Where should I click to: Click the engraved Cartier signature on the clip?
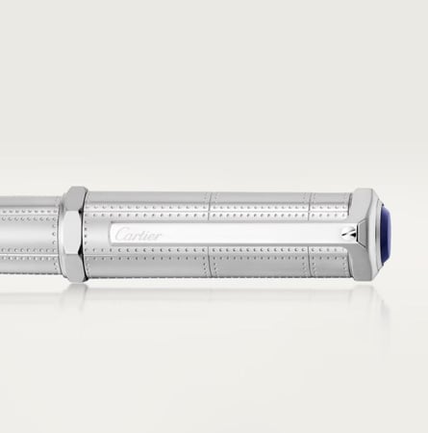coord(138,235)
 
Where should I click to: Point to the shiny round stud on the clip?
coord(348,232)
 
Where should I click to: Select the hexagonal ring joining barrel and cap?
coord(74,234)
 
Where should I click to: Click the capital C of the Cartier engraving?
coord(120,234)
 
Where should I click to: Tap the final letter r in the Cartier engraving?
coord(158,237)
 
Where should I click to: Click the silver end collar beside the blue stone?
coord(365,235)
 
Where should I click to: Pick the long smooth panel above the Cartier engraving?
coord(147,197)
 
